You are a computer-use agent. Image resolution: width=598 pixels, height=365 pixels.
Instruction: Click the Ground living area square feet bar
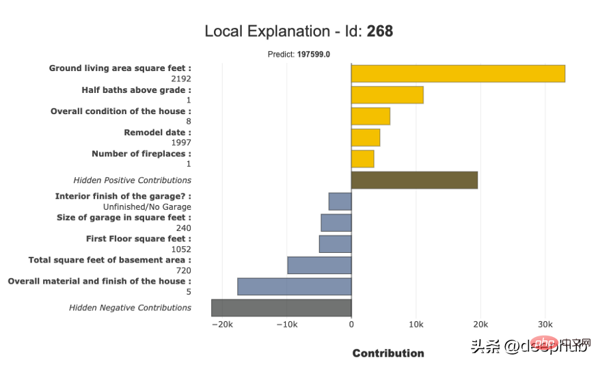(458, 73)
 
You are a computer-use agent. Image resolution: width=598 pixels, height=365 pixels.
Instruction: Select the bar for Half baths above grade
(387, 95)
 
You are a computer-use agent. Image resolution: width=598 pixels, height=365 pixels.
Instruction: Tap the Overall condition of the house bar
(370, 116)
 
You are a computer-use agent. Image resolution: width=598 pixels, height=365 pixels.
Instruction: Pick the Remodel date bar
(366, 137)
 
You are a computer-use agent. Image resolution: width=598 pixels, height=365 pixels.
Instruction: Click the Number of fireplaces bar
(362, 159)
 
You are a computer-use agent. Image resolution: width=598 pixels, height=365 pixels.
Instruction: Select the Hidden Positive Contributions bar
(414, 180)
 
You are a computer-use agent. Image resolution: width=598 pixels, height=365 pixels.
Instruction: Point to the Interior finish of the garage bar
(340, 202)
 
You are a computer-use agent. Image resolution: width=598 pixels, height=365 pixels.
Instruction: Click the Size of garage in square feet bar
(336, 223)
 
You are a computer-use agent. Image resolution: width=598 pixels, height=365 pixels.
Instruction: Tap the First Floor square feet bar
(336, 244)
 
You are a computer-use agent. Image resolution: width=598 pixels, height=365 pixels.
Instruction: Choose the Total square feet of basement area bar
(319, 265)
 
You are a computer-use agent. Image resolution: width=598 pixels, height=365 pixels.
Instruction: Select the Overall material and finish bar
(295, 286)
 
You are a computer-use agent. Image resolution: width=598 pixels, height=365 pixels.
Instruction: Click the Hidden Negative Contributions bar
(281, 308)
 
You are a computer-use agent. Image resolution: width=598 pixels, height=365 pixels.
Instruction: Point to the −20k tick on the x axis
(222, 324)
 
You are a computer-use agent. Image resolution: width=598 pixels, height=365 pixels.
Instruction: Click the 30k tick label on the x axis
(545, 324)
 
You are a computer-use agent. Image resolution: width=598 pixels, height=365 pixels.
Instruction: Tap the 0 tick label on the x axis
(351, 324)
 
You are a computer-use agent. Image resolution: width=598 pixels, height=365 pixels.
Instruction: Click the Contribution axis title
(388, 353)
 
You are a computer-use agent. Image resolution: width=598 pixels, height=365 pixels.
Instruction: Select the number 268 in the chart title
(380, 31)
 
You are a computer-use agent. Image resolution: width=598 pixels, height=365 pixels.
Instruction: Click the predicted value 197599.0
(314, 55)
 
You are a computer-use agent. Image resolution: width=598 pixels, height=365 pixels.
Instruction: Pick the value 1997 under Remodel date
(181, 142)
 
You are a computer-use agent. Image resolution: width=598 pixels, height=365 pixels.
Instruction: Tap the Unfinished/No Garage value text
(147, 206)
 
